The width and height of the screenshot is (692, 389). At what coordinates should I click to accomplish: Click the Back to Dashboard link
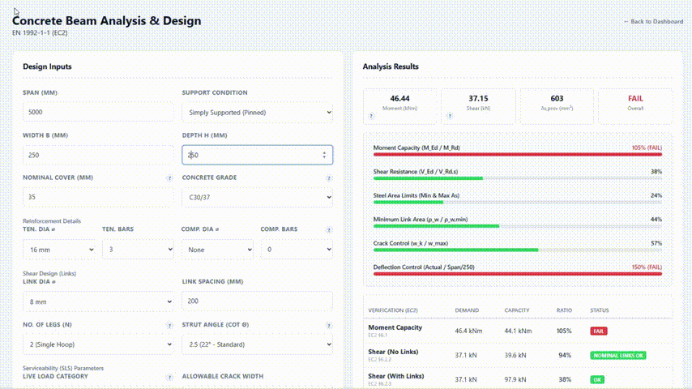653,22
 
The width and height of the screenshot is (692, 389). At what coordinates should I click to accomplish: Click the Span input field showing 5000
97,112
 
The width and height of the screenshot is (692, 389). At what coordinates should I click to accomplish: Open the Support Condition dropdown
257,112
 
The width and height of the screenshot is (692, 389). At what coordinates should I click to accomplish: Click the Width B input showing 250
97,155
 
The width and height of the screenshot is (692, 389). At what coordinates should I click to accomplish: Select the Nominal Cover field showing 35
97,197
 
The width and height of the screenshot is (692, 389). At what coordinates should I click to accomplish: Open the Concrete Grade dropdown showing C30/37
257,197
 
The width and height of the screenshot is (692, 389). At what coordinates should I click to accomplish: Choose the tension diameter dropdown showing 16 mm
59,250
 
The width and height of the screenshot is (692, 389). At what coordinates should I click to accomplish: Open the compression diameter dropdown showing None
217,250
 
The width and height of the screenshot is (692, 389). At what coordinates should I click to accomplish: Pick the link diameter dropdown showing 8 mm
97,301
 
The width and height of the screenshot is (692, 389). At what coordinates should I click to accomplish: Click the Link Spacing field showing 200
257,301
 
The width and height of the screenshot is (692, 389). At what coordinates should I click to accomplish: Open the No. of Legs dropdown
97,344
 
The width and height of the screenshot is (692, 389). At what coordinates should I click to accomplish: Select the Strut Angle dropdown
257,344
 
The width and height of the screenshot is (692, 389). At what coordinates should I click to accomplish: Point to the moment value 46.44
399,98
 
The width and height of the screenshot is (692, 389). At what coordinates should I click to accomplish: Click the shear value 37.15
478,98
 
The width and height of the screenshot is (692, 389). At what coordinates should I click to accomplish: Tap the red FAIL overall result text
635,98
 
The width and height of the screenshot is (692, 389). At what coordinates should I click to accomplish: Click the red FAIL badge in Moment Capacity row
599,331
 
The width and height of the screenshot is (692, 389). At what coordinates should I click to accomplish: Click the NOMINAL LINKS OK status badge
617,355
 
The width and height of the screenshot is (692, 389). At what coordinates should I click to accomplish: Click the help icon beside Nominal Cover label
169,177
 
